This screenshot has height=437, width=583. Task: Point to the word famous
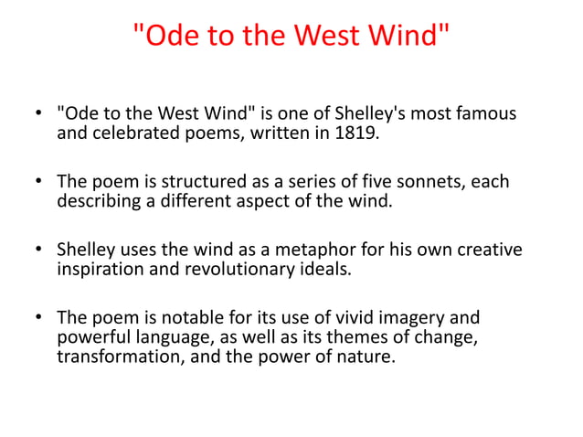click(485, 114)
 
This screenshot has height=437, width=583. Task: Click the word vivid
click(345, 318)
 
